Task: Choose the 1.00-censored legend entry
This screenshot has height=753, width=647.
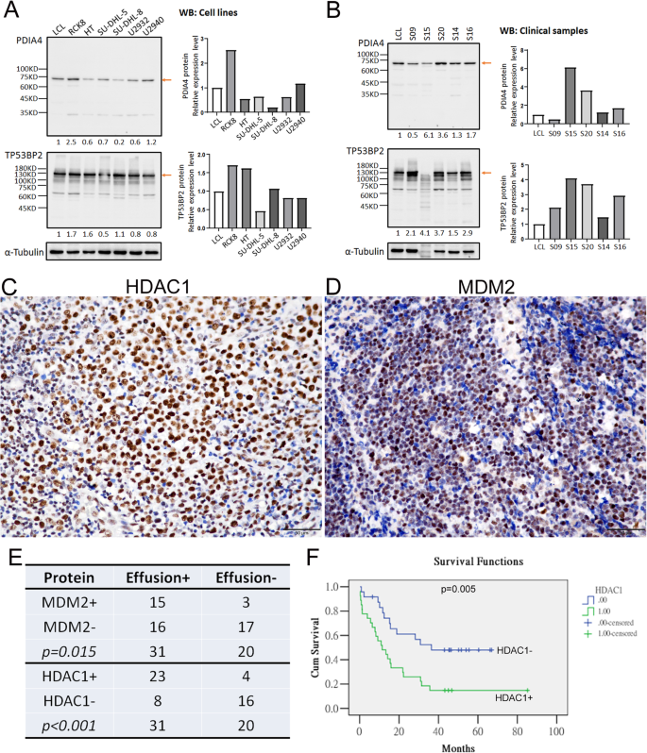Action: click(614, 633)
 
